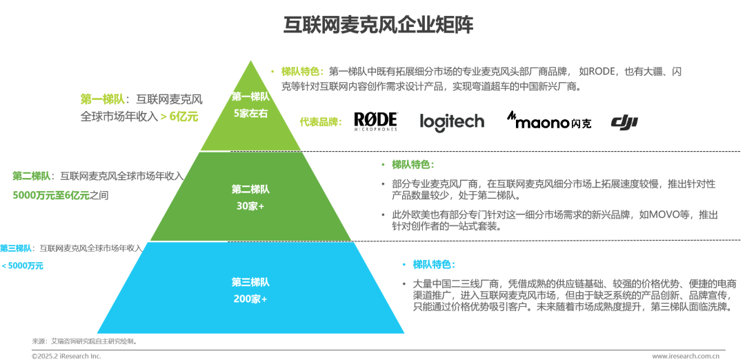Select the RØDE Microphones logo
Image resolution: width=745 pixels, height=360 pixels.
click(376, 120)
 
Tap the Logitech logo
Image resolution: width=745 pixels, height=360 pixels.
click(452, 121)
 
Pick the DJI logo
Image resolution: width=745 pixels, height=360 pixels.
click(628, 121)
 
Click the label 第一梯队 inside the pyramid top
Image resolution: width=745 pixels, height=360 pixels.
click(250, 97)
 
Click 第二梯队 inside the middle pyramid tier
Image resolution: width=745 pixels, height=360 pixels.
click(250, 189)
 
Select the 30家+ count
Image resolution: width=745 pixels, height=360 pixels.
click(250, 206)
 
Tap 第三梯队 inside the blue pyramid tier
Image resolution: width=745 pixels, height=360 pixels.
click(250, 282)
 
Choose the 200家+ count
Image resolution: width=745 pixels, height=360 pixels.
click(250, 299)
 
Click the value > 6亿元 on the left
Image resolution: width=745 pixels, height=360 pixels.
click(183, 116)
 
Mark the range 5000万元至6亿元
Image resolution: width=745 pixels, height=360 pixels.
click(51, 196)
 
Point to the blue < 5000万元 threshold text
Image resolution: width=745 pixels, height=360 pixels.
click(22, 266)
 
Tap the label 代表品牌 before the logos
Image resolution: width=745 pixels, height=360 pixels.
click(320, 122)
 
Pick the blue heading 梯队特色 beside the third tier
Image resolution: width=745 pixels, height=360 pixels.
click(434, 264)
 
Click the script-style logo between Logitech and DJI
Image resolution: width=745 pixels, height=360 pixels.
click(546, 121)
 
